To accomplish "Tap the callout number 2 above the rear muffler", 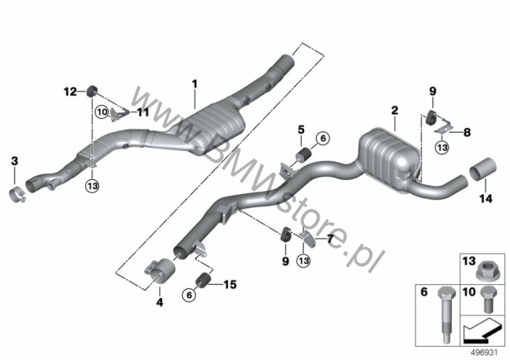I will [x=394, y=111].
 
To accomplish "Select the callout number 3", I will [x=15, y=161].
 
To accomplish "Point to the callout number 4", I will [x=158, y=302].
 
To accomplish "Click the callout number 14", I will [x=485, y=199].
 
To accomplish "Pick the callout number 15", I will [x=230, y=283].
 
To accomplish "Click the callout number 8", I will [x=467, y=133].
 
